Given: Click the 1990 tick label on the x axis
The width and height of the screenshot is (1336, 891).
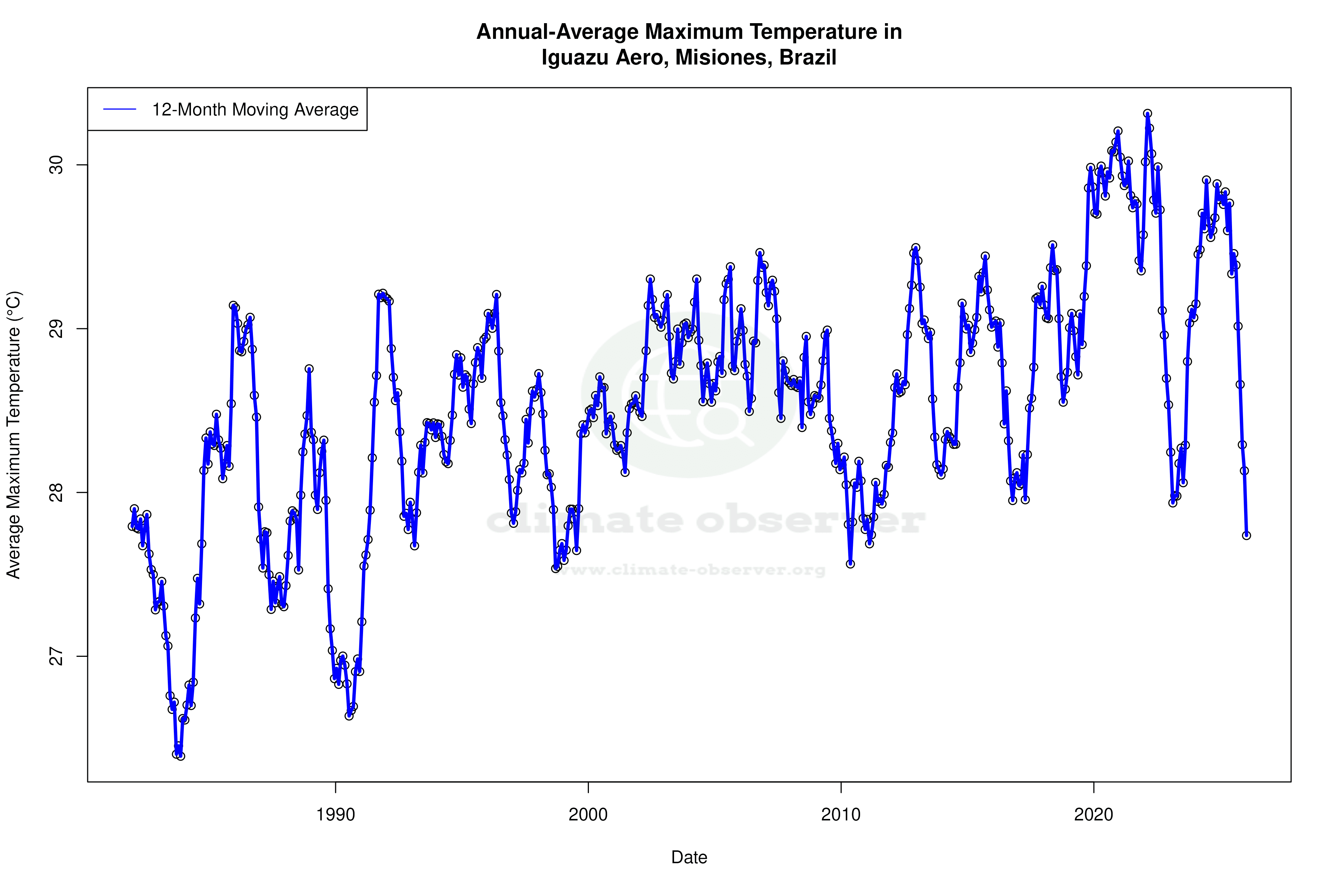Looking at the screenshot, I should click(x=335, y=815).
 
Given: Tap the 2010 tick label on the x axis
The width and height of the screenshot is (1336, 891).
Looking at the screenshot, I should click(x=841, y=815).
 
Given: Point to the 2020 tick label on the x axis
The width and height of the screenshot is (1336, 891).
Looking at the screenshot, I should click(x=1093, y=815).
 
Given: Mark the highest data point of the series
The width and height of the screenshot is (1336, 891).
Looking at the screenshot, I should click(x=1148, y=114).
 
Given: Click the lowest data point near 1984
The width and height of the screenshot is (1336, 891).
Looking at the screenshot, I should click(x=181, y=756).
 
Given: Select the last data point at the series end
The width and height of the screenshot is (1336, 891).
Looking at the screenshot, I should click(x=1246, y=535).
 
